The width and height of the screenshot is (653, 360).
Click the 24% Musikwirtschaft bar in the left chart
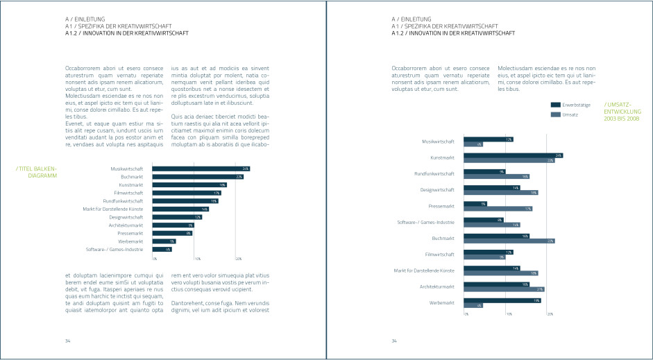coord(201,169)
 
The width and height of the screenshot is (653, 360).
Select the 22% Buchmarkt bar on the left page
coord(197,177)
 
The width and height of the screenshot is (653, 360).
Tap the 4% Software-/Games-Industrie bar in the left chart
coord(162,249)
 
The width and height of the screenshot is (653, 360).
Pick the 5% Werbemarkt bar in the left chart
coord(164,241)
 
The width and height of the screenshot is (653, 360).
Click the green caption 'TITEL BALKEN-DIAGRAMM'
coord(36,172)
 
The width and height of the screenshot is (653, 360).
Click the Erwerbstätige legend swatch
coord(555,105)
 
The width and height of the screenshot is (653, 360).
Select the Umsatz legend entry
coord(569,114)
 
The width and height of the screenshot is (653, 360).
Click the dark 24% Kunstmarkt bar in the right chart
coord(513,155)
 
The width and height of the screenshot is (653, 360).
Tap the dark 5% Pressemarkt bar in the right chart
coord(475,204)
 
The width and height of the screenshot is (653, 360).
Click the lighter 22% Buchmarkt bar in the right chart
coord(509,241)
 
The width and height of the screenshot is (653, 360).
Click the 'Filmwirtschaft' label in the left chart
coord(128,193)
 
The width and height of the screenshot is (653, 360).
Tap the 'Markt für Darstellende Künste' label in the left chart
coord(113,209)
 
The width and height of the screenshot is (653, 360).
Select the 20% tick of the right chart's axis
coord(550,314)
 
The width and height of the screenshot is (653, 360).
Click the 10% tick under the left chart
coord(197,259)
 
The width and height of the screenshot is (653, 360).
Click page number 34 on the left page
coord(68,341)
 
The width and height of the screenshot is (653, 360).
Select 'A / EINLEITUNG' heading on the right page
coord(412,19)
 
